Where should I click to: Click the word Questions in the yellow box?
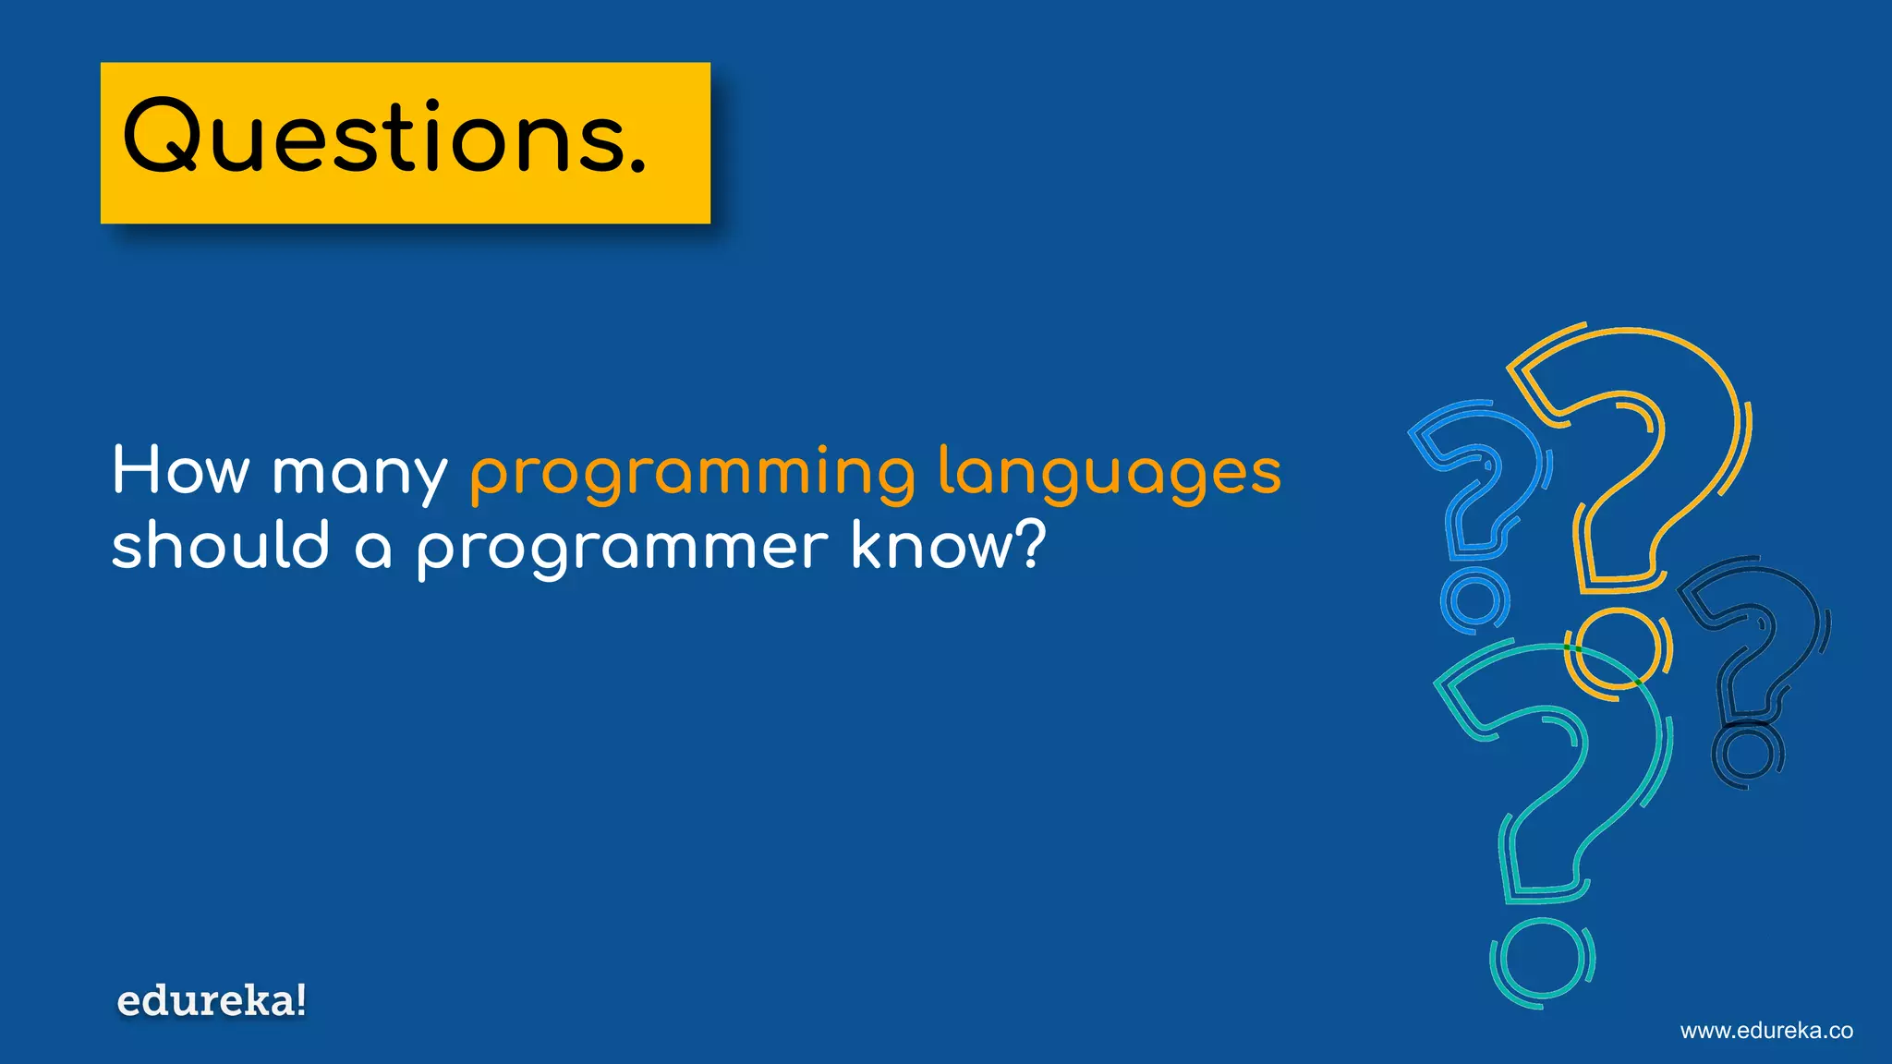[x=373, y=139]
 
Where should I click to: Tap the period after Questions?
[x=637, y=165]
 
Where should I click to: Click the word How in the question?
[x=180, y=471]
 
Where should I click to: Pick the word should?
[x=221, y=545]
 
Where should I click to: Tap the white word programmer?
[x=623, y=550]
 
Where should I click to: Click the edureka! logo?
[x=212, y=1001]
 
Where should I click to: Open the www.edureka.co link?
[x=1766, y=1031]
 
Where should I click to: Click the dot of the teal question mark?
[x=1541, y=961]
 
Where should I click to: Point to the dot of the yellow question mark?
[x=1618, y=650]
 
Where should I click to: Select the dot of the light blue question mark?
[x=1474, y=600]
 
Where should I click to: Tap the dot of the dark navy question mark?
[x=1747, y=752]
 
